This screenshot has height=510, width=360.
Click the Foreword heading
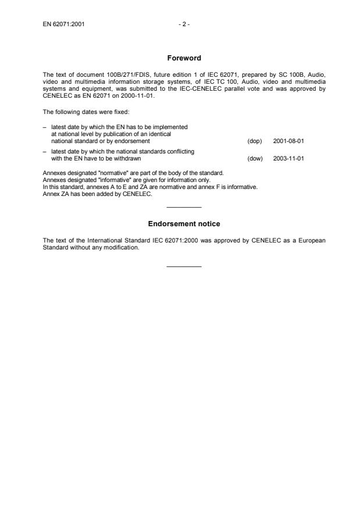pos(184,58)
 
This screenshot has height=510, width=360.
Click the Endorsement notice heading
pos(184,224)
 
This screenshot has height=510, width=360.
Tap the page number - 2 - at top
pos(184,24)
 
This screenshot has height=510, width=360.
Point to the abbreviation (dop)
pos(255,141)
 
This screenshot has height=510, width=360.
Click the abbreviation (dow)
pos(255,158)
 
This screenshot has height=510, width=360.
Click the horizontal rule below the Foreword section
pos(184,208)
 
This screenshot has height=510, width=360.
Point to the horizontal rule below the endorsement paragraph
pos(184,266)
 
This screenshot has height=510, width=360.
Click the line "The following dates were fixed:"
pos(80,112)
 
